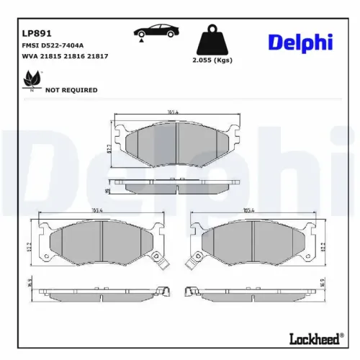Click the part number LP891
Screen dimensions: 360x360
[37, 33]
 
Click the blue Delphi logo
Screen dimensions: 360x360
[300, 42]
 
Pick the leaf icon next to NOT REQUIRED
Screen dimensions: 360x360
[32, 80]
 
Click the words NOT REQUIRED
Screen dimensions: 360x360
[71, 90]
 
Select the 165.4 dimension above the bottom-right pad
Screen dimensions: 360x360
[250, 210]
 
